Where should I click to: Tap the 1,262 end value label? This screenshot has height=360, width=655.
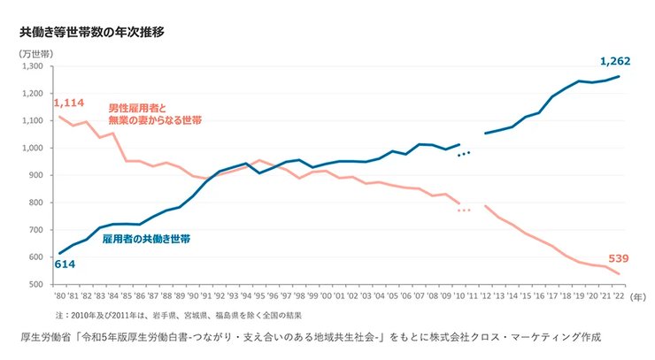[x=614, y=61]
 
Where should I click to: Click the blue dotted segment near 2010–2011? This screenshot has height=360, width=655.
[x=465, y=154]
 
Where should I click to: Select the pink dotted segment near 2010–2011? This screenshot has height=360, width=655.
[x=465, y=210]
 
